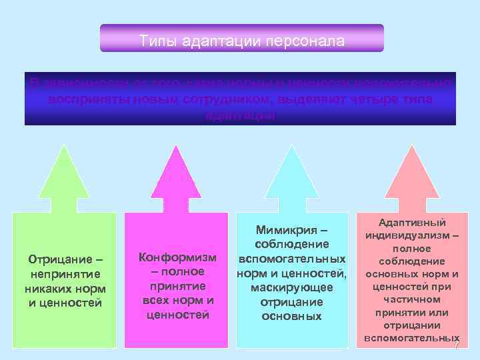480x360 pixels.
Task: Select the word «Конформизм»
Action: [x=177, y=257]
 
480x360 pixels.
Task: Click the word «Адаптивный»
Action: [x=411, y=223]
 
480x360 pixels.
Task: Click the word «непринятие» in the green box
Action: [x=63, y=274]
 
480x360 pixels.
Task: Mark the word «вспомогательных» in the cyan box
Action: [x=292, y=258]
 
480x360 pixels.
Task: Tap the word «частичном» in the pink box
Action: [x=411, y=299]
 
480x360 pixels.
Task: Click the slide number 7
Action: [x=457, y=348]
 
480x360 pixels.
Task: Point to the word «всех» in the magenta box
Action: [x=157, y=300]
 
